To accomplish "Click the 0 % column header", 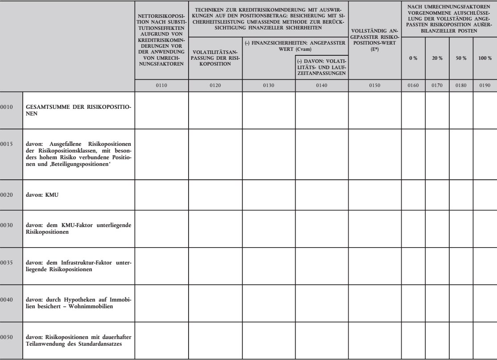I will tap(413, 58).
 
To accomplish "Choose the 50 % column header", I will tap(461, 58).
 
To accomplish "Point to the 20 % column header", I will tap(437, 58).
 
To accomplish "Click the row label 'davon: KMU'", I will tap(40, 194).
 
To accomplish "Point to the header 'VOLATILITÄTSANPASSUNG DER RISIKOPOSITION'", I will tap(215, 58).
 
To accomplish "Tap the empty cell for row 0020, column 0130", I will tap(268, 195).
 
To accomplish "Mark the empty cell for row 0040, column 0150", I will tap(374, 301).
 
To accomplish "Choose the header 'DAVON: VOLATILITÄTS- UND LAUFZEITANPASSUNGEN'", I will tap(321, 66).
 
